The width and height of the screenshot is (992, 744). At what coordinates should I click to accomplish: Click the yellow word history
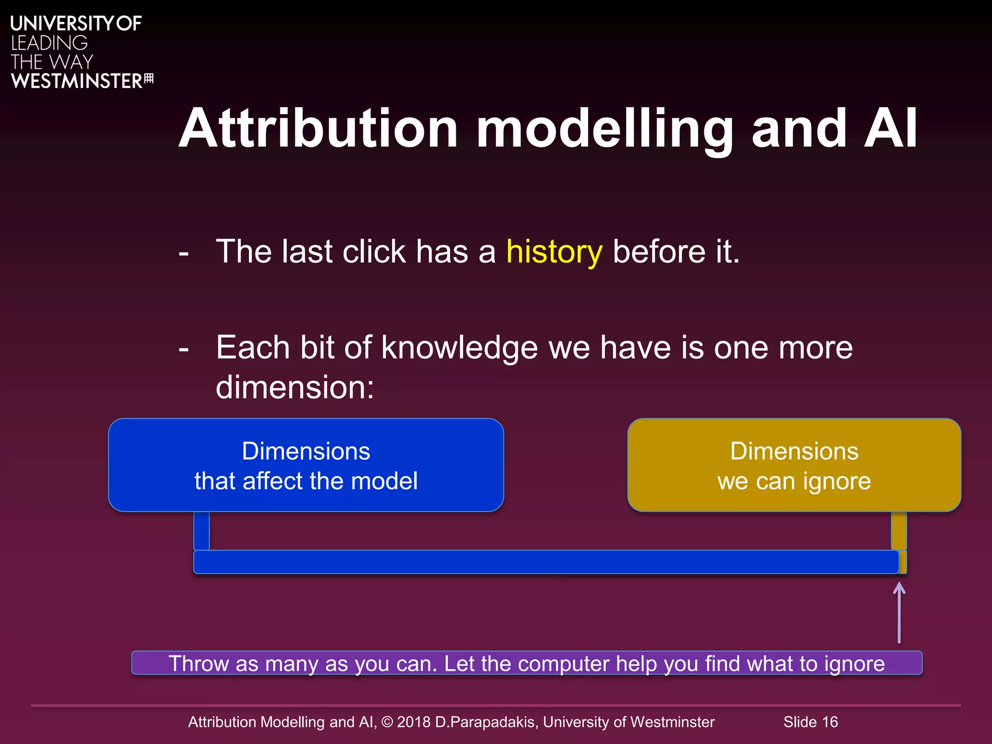554,252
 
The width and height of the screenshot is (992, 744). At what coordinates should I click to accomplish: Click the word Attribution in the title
318,128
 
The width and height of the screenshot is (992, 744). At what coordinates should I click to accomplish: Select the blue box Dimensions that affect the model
306,465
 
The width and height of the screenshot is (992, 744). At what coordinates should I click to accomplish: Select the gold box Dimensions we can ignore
794,465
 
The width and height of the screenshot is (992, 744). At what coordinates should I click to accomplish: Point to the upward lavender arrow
899,613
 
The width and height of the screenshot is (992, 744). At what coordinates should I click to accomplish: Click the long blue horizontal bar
546,562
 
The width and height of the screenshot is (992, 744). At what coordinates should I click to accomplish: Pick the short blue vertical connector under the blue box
201,531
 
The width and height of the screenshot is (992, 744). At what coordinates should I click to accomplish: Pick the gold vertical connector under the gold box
899,531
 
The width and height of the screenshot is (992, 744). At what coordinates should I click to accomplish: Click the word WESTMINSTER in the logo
77,81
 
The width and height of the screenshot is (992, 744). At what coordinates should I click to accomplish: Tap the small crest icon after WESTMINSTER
149,78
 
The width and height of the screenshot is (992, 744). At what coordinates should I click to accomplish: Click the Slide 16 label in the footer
810,722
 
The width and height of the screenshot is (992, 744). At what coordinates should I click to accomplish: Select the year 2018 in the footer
413,722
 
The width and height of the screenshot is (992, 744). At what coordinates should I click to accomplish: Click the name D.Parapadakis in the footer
486,722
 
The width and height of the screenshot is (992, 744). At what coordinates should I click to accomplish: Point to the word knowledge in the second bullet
459,348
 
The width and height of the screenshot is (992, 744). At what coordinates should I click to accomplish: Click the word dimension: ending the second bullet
295,387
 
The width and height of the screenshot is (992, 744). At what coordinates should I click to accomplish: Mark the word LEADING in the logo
49,43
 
